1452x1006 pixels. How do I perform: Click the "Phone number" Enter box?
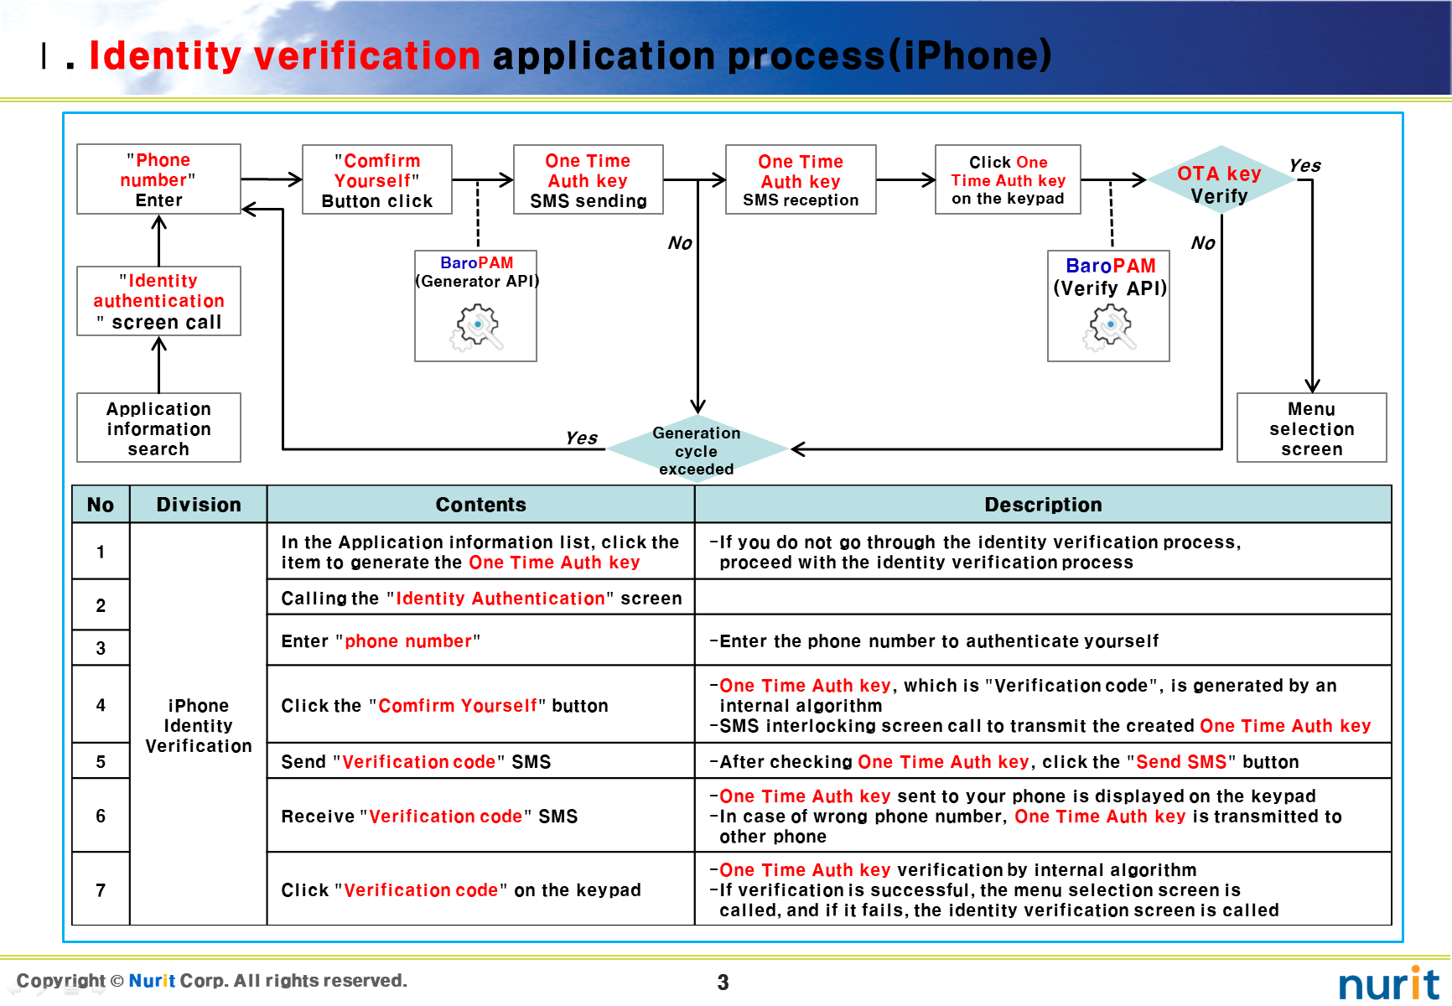[x=158, y=179]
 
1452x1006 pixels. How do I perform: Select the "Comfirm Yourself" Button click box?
[x=377, y=180]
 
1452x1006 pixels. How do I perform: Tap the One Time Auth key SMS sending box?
[x=588, y=180]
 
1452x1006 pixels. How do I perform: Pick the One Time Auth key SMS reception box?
[x=801, y=180]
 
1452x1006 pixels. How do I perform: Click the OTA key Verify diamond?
[x=1220, y=183]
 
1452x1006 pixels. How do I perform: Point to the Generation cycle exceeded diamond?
[x=697, y=450]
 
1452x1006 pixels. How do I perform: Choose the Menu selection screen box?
[x=1311, y=428]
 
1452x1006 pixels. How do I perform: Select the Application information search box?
[x=158, y=428]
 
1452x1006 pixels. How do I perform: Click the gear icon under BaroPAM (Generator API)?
[x=477, y=327]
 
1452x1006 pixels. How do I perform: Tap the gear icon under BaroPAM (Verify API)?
[x=1109, y=327]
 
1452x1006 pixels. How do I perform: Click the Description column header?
[x=1043, y=505]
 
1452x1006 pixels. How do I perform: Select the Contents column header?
[x=480, y=505]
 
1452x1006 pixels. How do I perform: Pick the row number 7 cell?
[x=101, y=889]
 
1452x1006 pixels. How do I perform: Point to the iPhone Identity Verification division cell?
[x=199, y=725]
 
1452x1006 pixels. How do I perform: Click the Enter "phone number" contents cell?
[x=480, y=641]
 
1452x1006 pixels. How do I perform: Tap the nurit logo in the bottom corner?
[x=1388, y=983]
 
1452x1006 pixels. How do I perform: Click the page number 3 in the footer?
[x=723, y=983]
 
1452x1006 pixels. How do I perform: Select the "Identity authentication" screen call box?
[x=158, y=301]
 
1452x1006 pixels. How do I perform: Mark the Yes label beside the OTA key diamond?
[x=1304, y=166]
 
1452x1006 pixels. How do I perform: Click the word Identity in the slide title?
[x=165, y=56]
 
